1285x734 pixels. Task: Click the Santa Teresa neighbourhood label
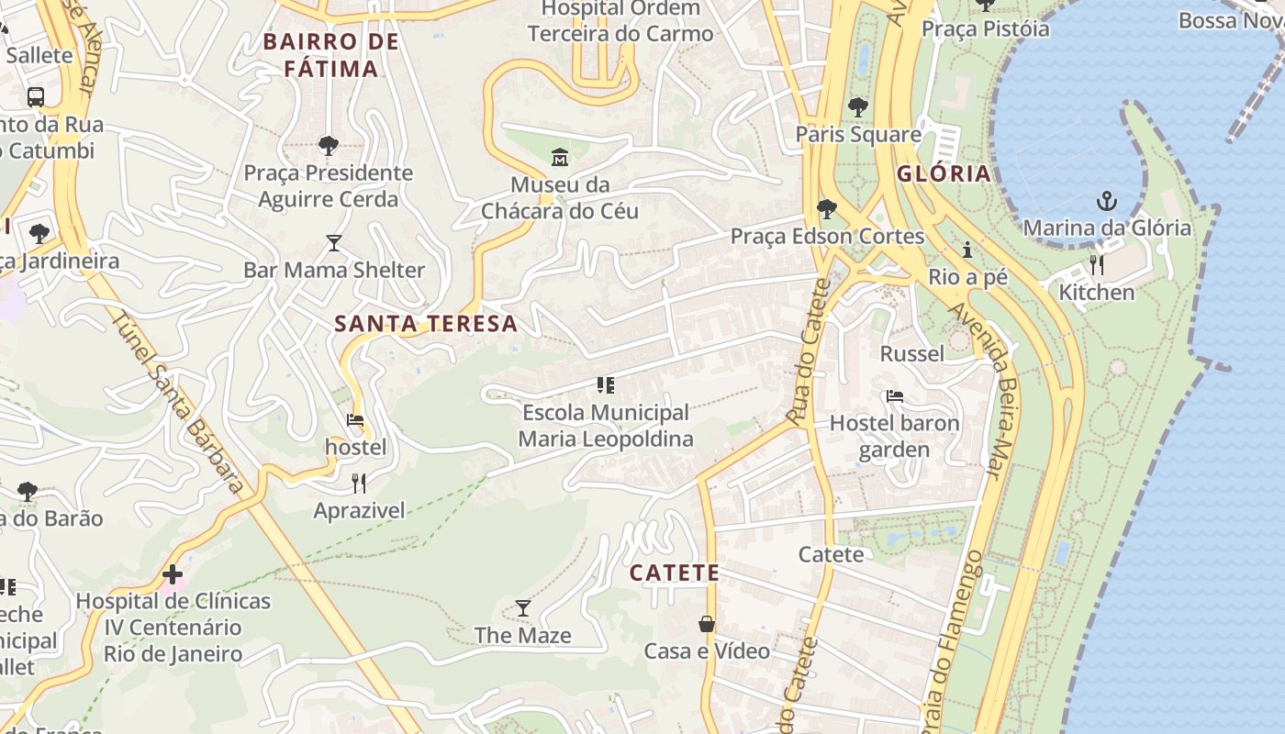pyautogui.click(x=426, y=324)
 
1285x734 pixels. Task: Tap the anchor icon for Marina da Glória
pyautogui.click(x=1107, y=201)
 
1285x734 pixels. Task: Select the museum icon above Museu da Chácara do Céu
pyautogui.click(x=560, y=157)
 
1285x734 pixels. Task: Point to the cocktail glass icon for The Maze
pyautogui.click(x=522, y=607)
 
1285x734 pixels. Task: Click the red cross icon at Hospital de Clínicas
pyautogui.click(x=173, y=575)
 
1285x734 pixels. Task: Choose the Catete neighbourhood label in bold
pyautogui.click(x=674, y=573)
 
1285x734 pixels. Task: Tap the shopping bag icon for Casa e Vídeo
pyautogui.click(x=707, y=624)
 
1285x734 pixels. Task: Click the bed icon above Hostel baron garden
pyautogui.click(x=895, y=396)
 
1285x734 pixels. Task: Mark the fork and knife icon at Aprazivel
pyautogui.click(x=359, y=484)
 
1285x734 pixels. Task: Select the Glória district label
pyautogui.click(x=944, y=174)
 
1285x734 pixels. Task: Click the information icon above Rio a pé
pyautogui.click(x=967, y=250)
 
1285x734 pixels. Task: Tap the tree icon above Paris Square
pyautogui.click(x=858, y=107)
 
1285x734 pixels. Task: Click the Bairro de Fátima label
pyautogui.click(x=330, y=55)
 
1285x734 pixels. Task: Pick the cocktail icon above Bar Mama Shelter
pyautogui.click(x=334, y=243)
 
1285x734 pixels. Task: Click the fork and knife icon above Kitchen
pyautogui.click(x=1097, y=265)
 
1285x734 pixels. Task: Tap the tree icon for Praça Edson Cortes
pyautogui.click(x=826, y=209)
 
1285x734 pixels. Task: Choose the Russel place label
pyautogui.click(x=911, y=354)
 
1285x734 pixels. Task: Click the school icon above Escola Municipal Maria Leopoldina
pyautogui.click(x=605, y=385)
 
